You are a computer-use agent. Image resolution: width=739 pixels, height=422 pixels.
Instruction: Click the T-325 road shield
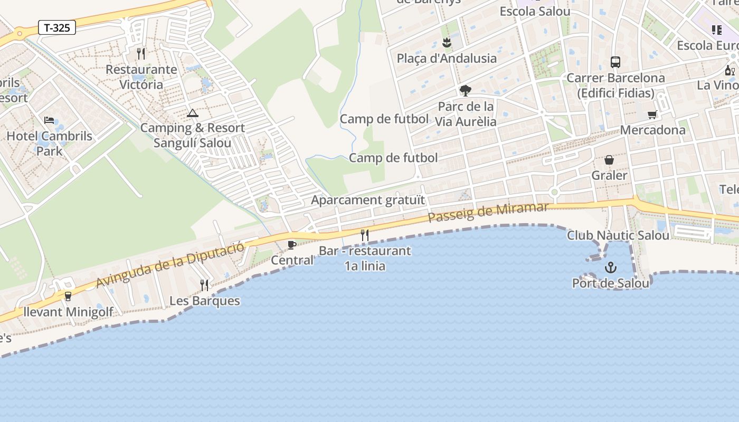[x=57, y=27]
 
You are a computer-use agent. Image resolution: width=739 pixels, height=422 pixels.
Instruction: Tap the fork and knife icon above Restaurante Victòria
[x=140, y=54]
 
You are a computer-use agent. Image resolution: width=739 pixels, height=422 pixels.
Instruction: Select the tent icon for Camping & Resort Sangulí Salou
[x=192, y=113]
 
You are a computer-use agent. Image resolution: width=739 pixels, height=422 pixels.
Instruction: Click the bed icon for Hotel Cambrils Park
[x=49, y=121]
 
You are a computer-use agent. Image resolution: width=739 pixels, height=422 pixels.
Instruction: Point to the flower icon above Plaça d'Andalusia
[x=447, y=42]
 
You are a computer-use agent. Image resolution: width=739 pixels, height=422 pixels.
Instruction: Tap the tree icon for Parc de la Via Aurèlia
[x=465, y=91]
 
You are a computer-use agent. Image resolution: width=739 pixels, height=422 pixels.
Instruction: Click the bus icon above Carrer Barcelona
[x=615, y=62]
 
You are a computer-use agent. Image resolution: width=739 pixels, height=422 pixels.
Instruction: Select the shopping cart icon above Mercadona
[x=652, y=114]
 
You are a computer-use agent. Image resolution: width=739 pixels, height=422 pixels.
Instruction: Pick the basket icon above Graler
[x=609, y=160]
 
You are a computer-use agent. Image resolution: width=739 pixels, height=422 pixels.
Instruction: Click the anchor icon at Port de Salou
[x=610, y=267]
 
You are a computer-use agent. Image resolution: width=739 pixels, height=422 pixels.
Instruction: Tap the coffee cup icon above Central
[x=291, y=245]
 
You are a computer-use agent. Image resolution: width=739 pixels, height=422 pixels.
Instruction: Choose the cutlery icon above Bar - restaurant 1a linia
[x=365, y=235]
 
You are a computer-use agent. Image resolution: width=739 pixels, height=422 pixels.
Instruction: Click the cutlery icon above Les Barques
[x=204, y=285]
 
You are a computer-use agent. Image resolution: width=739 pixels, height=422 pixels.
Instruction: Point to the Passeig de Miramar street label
[x=488, y=212]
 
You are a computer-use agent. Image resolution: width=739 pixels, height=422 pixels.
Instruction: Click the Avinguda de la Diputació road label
[x=170, y=265]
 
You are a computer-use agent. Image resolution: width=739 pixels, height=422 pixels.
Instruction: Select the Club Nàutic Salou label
[x=618, y=235]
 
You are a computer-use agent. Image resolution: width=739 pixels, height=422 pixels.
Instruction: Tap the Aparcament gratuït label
[x=367, y=200]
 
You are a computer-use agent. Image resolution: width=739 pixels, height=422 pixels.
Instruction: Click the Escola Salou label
[x=535, y=11]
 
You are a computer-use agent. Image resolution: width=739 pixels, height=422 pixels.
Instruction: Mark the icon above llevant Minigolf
[x=68, y=296]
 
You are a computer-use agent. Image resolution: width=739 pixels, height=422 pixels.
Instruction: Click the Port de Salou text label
[x=611, y=283]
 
